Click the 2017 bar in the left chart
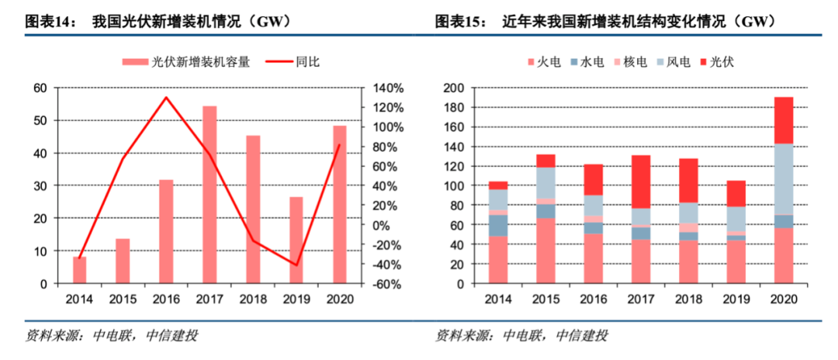coord(209,195)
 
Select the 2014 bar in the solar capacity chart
coord(79,270)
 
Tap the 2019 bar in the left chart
coord(296,241)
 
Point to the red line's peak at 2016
coord(166,98)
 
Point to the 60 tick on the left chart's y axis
coord(40,88)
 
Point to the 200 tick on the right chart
coord(453,88)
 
